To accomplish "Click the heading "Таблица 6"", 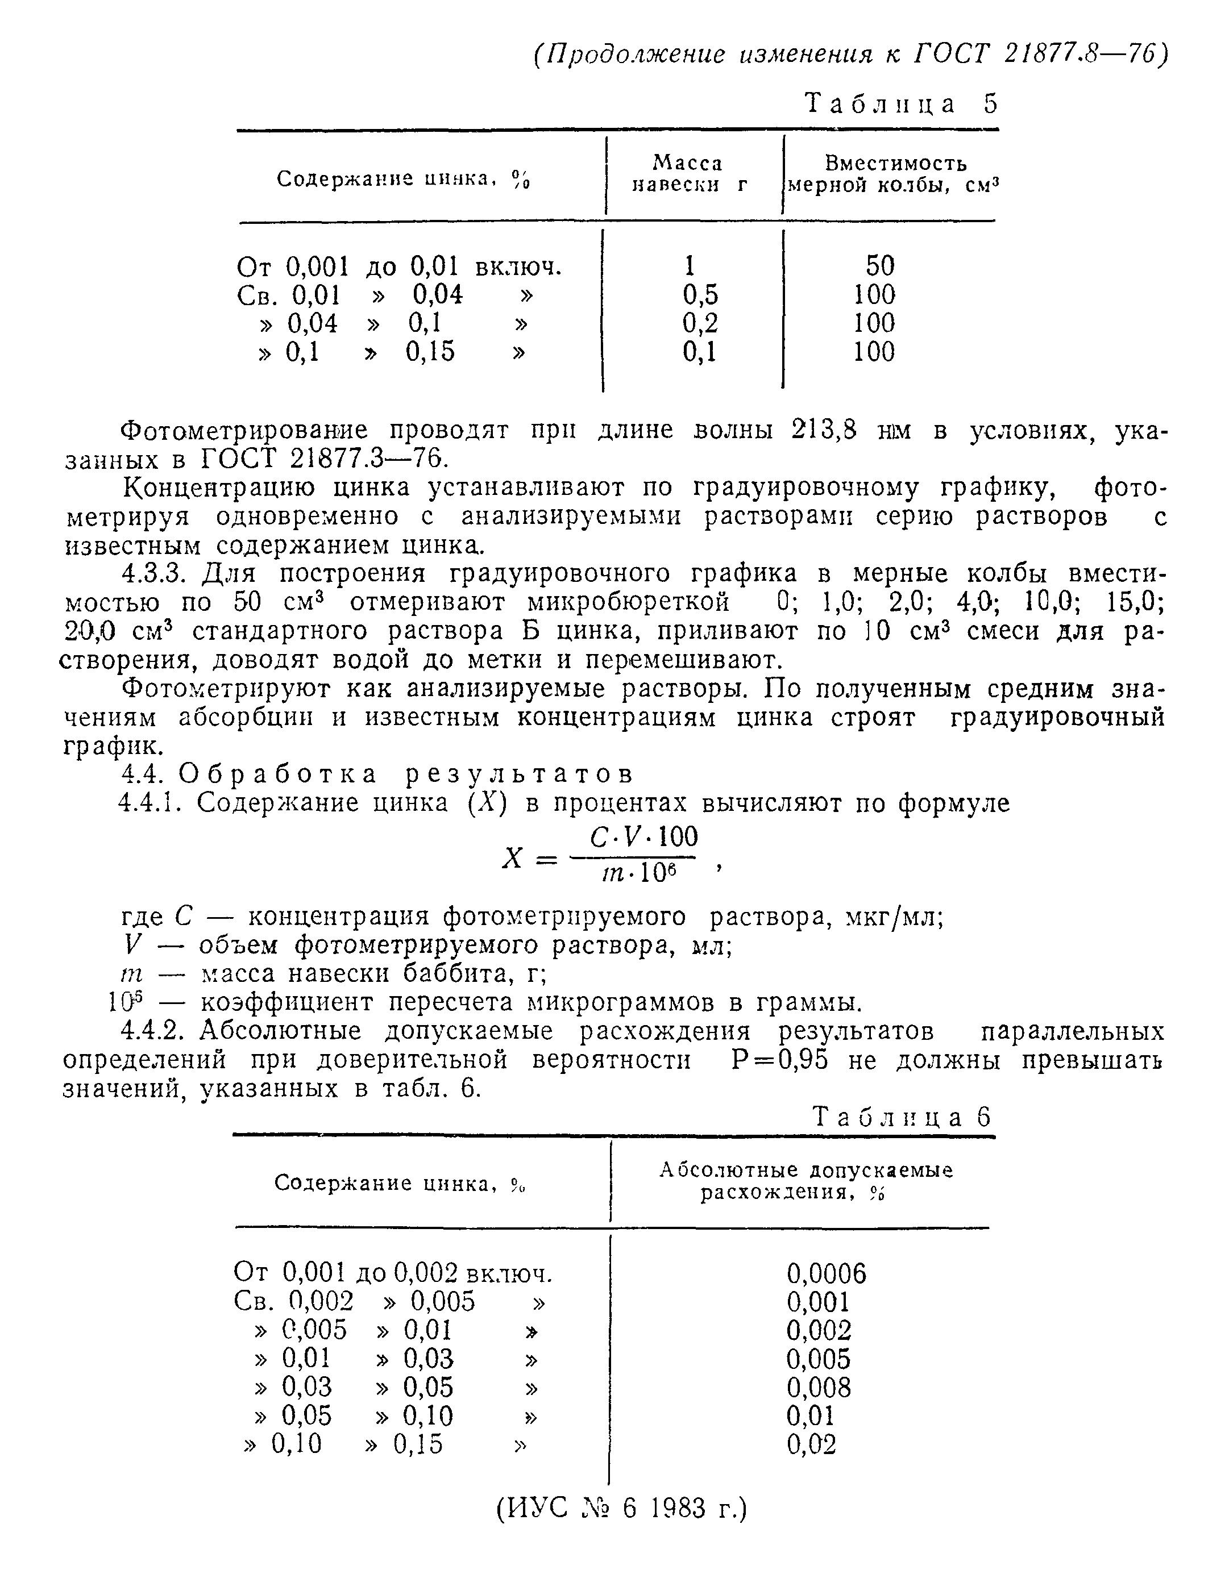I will click(x=902, y=1117).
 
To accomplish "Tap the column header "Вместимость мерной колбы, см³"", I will click(x=894, y=174).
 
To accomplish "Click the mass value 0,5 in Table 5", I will click(x=700, y=295).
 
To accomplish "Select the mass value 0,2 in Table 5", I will click(x=700, y=324).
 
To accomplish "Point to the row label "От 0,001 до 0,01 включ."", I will click(x=398, y=267).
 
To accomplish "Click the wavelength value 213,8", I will click(x=824, y=430).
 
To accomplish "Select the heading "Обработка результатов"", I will click(x=406, y=774).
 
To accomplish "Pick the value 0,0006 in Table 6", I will click(x=826, y=1274).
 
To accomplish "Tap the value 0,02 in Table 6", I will click(x=811, y=1444).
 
